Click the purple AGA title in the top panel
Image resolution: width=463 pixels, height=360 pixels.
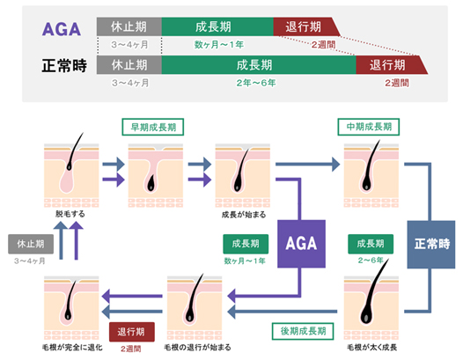[x=62, y=29]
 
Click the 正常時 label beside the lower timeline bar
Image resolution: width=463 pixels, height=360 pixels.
[x=64, y=65]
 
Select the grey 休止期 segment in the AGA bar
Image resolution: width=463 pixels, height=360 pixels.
[x=129, y=26]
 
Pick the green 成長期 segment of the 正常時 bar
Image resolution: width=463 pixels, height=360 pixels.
[x=259, y=64]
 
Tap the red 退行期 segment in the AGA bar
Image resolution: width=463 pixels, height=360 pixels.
[x=305, y=26]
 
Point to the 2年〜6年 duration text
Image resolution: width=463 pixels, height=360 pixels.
[x=256, y=83]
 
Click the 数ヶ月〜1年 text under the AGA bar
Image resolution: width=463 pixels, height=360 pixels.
[x=219, y=45]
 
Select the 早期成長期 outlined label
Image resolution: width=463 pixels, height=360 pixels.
[x=153, y=127]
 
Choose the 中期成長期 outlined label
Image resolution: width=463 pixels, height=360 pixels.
[x=369, y=127]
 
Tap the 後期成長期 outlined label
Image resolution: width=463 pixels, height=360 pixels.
[x=303, y=331]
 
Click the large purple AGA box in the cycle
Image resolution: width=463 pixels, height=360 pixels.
[x=301, y=244]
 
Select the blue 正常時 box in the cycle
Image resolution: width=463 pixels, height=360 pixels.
[x=431, y=244]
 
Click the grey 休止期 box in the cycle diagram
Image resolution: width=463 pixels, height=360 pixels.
[x=31, y=244]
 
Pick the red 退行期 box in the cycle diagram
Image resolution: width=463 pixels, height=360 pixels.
[x=132, y=332]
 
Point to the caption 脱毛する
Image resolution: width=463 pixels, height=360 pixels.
[x=70, y=214]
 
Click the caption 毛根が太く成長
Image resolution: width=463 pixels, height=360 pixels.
[x=371, y=348]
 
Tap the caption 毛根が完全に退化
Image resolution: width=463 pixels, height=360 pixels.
[x=72, y=348]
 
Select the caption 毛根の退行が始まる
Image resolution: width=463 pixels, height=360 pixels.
[x=197, y=348]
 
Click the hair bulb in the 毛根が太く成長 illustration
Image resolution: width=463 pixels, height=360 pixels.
[x=365, y=317]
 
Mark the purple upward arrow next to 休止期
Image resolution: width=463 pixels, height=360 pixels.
[x=77, y=240]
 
